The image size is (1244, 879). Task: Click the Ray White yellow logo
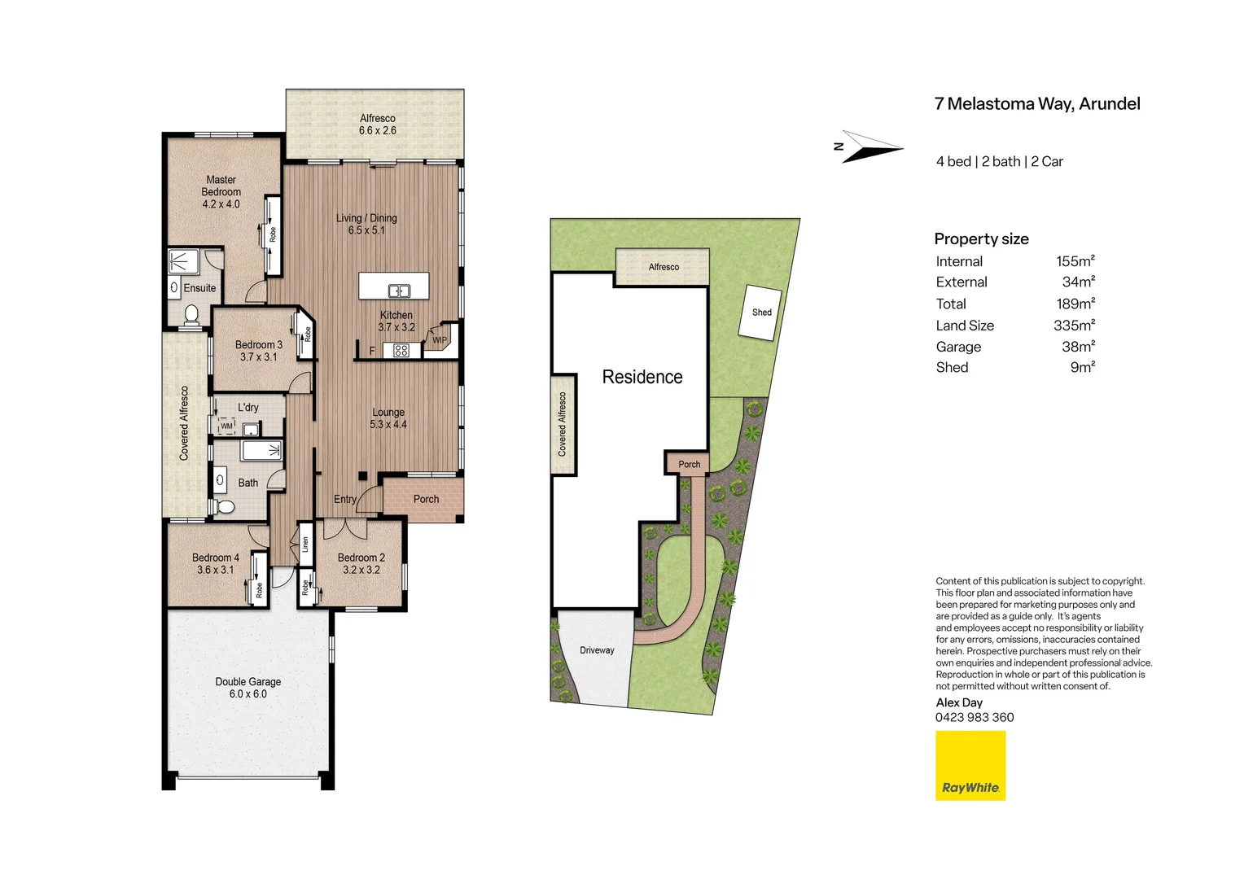[970, 765]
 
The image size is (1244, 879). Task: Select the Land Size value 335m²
[1074, 326]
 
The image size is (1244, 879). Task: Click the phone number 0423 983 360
[975, 717]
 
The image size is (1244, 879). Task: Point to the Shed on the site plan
[760, 312]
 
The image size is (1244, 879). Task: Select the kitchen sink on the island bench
[398, 291]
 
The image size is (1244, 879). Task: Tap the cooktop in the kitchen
[401, 351]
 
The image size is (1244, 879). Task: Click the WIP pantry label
[440, 340]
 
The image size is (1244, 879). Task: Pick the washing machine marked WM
[226, 426]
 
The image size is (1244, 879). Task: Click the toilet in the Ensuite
[191, 313]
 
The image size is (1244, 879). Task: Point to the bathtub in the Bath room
[261, 450]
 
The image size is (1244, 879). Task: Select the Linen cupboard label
[305, 544]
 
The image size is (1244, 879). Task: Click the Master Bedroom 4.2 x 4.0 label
[221, 192]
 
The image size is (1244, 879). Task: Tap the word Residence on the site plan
[642, 377]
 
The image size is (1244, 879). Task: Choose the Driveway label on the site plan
[597, 650]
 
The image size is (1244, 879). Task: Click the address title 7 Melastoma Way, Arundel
[1036, 104]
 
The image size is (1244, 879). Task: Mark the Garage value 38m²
[1077, 347]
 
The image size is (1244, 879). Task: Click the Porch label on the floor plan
[426, 499]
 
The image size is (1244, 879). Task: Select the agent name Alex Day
[958, 702]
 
